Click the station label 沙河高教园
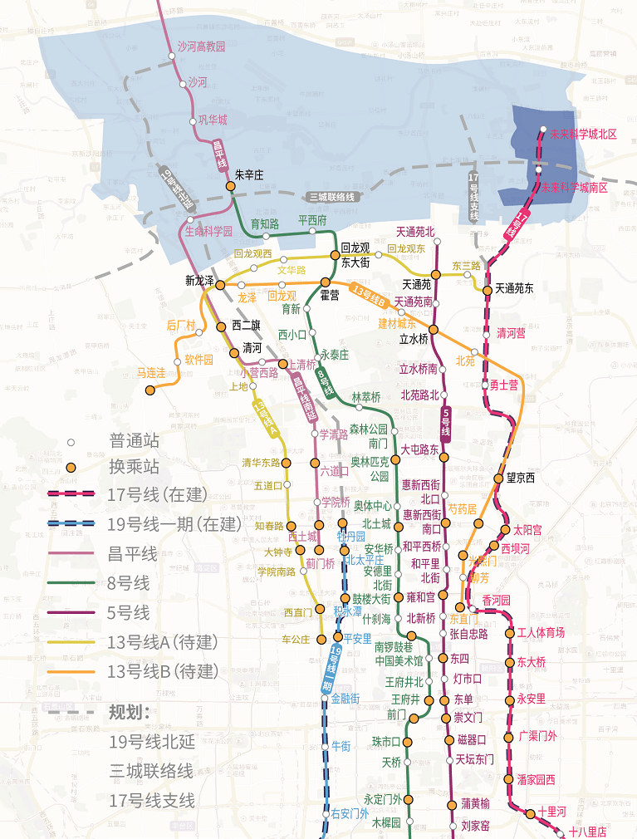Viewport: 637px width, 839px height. [x=190, y=47]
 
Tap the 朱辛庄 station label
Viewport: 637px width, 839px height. [x=249, y=175]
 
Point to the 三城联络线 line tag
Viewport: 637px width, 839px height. [x=332, y=197]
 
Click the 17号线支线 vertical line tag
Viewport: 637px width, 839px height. [x=473, y=198]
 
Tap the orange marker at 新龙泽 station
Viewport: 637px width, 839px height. [x=221, y=284]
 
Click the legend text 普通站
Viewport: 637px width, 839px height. [x=133, y=441]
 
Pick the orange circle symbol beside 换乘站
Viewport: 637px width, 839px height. [x=71, y=469]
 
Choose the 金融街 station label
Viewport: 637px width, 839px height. [x=345, y=699]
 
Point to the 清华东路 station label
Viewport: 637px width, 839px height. [x=261, y=463]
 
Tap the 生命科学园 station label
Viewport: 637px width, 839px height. [x=208, y=232]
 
